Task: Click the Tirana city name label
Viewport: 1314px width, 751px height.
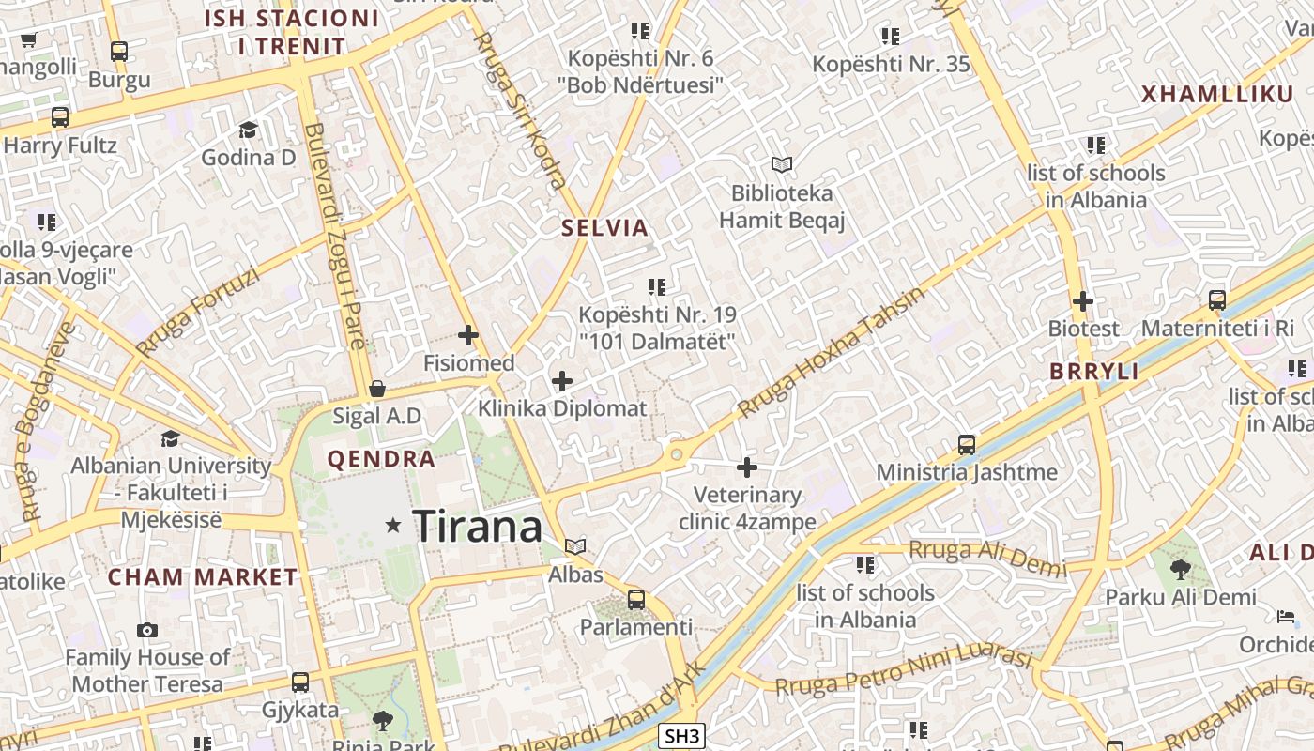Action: pyautogui.click(x=478, y=526)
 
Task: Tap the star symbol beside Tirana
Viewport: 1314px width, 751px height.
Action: pyautogui.click(x=393, y=526)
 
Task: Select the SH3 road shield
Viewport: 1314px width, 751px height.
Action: pyautogui.click(x=681, y=736)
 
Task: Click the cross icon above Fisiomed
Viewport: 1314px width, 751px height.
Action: pyautogui.click(x=468, y=334)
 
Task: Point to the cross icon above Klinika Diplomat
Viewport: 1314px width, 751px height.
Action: pyautogui.click(x=562, y=380)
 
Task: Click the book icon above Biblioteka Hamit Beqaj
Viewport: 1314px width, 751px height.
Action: pyautogui.click(x=782, y=165)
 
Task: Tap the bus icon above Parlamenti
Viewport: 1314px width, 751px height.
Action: pyautogui.click(x=636, y=599)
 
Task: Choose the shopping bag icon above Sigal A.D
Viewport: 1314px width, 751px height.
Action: pyautogui.click(x=377, y=388)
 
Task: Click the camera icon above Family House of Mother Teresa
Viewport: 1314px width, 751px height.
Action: pyautogui.click(x=147, y=630)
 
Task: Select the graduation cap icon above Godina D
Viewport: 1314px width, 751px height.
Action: pyautogui.click(x=249, y=130)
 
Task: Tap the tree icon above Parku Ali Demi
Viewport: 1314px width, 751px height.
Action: pyautogui.click(x=1181, y=569)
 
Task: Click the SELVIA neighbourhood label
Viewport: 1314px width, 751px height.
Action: pyautogui.click(x=605, y=227)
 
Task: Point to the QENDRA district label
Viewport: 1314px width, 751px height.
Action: pyautogui.click(x=381, y=459)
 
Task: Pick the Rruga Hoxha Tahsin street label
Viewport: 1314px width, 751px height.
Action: pyautogui.click(x=832, y=352)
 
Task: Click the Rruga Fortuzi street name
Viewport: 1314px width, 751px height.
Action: pyautogui.click(x=197, y=313)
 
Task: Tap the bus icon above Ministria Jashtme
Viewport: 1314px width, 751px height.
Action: pyautogui.click(x=967, y=444)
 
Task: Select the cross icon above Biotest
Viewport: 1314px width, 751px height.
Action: pyautogui.click(x=1083, y=301)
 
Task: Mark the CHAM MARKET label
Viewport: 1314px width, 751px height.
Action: pyautogui.click(x=203, y=576)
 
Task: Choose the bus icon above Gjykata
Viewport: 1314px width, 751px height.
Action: pyautogui.click(x=300, y=682)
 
